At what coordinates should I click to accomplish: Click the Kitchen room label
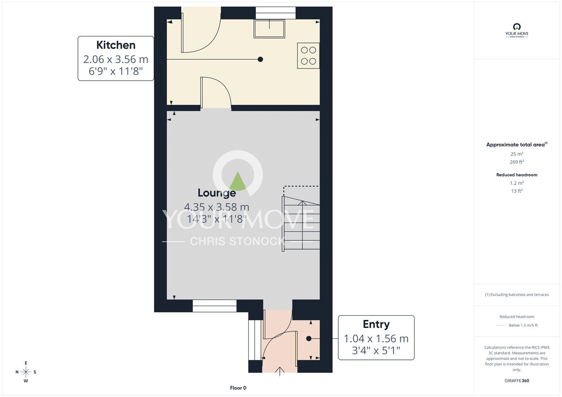point(116,45)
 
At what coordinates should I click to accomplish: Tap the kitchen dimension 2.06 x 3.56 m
point(116,59)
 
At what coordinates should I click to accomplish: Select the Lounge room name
point(216,193)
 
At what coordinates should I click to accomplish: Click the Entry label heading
point(376,324)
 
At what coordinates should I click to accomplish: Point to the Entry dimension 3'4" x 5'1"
point(376,350)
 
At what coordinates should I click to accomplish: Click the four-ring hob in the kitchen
point(308,55)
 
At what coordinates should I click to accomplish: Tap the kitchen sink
point(269,29)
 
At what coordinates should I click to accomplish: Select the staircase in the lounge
point(301,223)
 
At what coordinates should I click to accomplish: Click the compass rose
point(26,372)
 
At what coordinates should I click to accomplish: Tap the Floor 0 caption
point(238,388)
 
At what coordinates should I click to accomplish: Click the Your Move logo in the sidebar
point(517,30)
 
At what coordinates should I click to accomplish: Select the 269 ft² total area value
point(517,162)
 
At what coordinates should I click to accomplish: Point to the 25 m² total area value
point(517,154)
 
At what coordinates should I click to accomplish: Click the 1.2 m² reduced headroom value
point(517,183)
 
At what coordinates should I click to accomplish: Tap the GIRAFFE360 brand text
point(517,381)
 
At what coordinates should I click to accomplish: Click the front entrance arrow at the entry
point(280,371)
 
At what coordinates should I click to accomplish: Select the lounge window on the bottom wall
point(214,306)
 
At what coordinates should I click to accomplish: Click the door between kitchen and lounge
point(216,93)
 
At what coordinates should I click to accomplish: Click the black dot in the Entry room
point(308,339)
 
